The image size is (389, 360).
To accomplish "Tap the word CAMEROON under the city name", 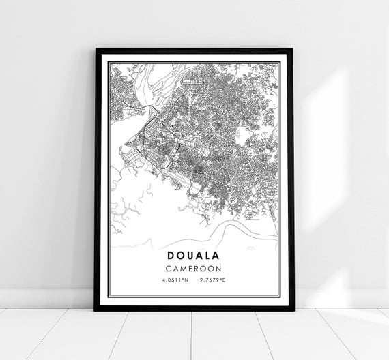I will coord(194,267).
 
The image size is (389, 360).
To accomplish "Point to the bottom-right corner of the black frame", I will coord(293,310).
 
